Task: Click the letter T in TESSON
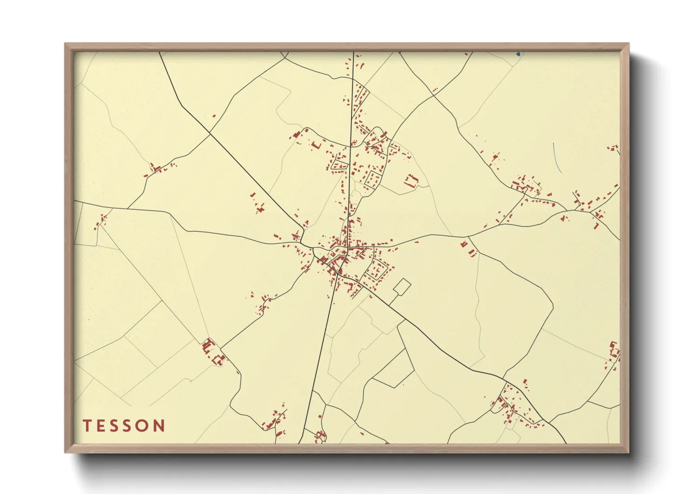87,425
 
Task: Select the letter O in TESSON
143,425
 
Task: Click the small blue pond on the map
518,54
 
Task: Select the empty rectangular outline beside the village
402,287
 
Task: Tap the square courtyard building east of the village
411,180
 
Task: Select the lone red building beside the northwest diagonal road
214,116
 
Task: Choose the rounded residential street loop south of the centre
377,270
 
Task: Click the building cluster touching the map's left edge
101,221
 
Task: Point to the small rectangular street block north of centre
373,178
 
